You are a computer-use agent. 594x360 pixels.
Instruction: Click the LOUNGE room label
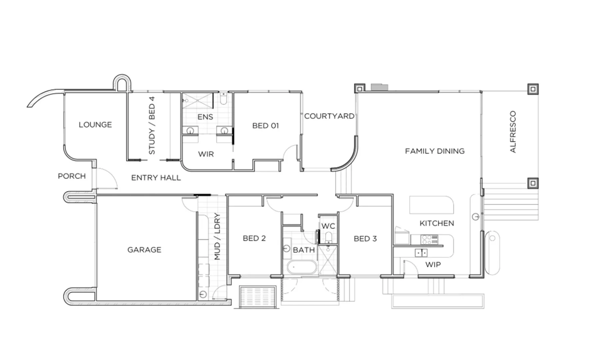[x=95, y=125]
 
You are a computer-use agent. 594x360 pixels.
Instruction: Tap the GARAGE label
[x=144, y=250]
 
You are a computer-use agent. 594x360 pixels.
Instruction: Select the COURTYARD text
[x=329, y=116]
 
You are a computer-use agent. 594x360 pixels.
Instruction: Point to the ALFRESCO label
[x=513, y=132]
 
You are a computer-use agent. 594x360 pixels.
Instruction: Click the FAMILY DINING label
[x=435, y=151]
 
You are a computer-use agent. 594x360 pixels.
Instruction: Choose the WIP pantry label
[x=433, y=265]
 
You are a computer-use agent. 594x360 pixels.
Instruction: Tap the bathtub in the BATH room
[x=302, y=267]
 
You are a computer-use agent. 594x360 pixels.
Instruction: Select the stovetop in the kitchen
[x=429, y=239]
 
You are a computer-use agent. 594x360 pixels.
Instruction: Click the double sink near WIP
[x=421, y=253]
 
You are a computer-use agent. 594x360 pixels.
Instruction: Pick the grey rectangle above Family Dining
[x=379, y=87]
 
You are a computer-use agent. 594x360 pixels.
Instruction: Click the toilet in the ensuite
[x=224, y=99]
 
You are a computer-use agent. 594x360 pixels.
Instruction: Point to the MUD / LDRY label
[x=217, y=236]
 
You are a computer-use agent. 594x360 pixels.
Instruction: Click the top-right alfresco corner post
[x=533, y=89]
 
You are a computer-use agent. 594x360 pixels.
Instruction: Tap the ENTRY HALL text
[x=156, y=178]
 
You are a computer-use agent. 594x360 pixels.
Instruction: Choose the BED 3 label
[x=365, y=239]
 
